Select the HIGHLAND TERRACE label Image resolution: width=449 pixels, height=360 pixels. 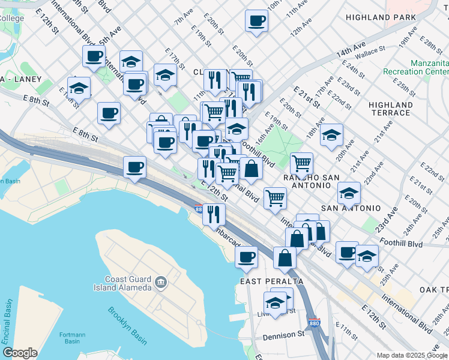click(391, 109)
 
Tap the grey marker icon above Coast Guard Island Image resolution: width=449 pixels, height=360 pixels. click(160, 281)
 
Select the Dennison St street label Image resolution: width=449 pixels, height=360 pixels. click(284, 335)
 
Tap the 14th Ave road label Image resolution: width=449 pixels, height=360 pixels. click(351, 46)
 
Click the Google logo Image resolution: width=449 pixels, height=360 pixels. click(20, 352)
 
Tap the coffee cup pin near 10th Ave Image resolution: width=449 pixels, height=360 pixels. click(256, 21)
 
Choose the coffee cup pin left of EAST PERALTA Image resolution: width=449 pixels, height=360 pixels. click(246, 257)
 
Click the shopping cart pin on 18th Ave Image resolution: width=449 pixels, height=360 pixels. click(301, 163)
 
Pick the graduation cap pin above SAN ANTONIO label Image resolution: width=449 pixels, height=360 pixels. click(349, 193)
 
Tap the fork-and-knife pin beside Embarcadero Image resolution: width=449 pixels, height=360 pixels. click(214, 214)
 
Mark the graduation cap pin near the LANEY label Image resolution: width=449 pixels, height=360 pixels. click(78, 88)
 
